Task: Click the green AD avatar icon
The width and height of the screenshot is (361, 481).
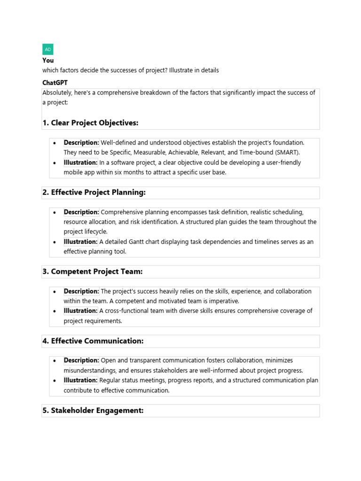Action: point(48,49)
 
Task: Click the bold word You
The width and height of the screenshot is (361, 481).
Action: point(48,61)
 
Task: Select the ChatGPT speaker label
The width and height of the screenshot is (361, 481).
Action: point(55,83)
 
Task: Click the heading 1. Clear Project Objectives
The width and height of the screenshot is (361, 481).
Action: point(90,123)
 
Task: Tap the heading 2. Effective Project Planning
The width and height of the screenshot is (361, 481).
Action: point(94,193)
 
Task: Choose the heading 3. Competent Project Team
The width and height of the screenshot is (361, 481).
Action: point(92,272)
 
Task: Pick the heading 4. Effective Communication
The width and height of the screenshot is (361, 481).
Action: point(93,341)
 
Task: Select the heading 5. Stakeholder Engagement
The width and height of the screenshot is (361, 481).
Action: point(93,411)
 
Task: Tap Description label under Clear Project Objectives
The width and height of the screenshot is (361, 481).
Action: point(81,143)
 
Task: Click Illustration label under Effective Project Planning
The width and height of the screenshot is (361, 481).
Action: point(80,242)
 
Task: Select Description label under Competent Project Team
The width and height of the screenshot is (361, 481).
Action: point(81,291)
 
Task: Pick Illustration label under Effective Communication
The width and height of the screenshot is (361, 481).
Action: point(80,380)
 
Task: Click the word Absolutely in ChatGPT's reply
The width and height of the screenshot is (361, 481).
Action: point(58,93)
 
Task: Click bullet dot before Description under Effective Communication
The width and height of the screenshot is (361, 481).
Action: point(55,361)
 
